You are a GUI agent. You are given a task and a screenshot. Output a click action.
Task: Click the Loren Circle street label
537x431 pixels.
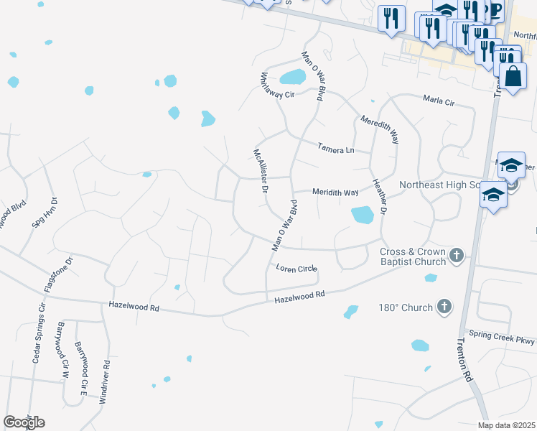pos(296,268)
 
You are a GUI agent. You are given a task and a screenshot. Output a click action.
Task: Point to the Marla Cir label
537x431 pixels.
pos(439,101)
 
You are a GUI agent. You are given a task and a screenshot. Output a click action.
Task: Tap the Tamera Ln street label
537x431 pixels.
pos(336,149)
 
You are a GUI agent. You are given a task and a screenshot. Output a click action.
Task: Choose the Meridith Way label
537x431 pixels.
pos(335,193)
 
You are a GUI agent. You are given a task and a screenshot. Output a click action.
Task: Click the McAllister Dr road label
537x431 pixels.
pos(260,171)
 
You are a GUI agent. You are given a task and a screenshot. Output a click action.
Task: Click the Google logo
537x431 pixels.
pos(24,422)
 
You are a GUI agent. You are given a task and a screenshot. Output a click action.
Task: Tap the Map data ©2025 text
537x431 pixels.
pos(505,425)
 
